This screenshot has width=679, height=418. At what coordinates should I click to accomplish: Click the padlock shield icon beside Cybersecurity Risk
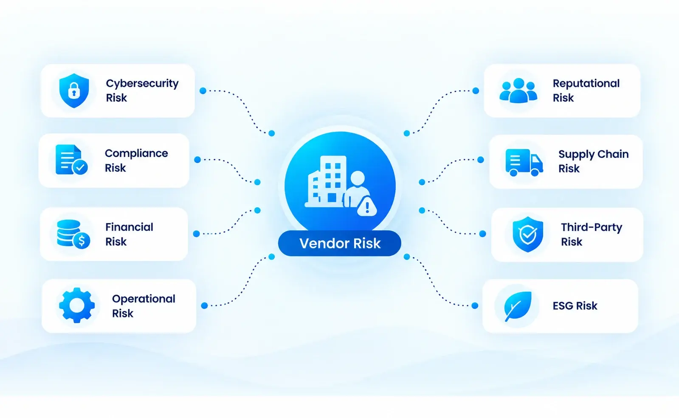(74, 90)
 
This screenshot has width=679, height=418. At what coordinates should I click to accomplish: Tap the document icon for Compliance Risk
(71, 160)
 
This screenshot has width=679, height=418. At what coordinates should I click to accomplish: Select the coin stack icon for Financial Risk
(73, 234)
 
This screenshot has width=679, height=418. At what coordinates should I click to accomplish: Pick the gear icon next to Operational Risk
(77, 305)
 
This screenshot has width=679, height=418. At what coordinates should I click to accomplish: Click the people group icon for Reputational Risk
(518, 90)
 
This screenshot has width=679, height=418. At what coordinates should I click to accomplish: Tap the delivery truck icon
(524, 162)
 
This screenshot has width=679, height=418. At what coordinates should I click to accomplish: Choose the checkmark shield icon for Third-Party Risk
(528, 234)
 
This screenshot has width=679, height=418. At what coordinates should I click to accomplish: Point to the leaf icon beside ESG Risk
(518, 306)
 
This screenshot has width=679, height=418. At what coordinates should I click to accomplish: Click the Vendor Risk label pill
(340, 243)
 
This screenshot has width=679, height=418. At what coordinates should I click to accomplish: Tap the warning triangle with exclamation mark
(367, 206)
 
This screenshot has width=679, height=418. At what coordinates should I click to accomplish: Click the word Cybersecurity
(142, 84)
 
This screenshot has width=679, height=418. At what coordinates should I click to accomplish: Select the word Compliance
(136, 153)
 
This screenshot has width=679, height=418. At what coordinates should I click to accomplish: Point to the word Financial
(130, 227)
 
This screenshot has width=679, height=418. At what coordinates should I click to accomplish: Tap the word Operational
(144, 299)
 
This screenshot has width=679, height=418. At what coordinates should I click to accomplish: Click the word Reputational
(586, 84)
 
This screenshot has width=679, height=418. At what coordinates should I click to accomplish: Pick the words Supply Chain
(594, 154)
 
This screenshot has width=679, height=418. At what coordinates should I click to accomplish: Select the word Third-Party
(592, 228)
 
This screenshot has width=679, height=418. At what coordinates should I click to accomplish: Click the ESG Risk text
(575, 306)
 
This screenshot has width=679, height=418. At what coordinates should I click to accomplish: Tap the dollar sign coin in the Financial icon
(82, 241)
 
